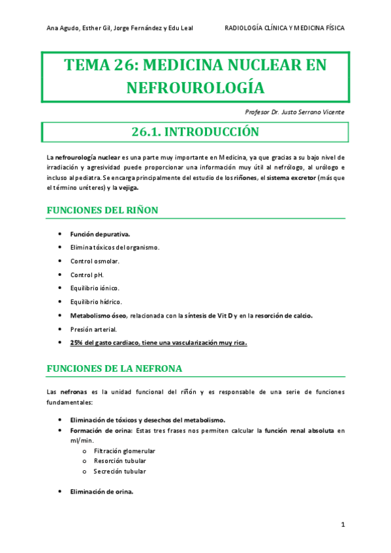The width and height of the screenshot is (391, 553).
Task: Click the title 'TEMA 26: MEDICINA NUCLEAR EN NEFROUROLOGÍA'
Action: click(195, 76)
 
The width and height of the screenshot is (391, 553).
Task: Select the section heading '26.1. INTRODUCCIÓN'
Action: click(195, 132)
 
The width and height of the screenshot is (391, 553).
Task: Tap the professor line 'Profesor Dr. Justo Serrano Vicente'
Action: click(294, 112)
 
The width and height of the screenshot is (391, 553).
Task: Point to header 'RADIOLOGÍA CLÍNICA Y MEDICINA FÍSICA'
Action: click(284, 28)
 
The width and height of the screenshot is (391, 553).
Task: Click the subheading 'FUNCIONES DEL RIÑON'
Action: click(102, 210)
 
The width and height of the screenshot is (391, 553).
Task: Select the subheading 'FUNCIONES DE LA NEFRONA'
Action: click(114, 368)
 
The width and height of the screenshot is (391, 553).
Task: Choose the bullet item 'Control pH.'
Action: click(87, 275)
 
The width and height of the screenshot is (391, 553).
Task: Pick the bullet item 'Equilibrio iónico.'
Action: click(95, 288)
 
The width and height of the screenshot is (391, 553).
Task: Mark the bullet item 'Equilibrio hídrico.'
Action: click(96, 302)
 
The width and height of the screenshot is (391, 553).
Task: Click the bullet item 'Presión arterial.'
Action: click(93, 329)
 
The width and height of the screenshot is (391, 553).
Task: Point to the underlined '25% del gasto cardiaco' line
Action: click(159, 343)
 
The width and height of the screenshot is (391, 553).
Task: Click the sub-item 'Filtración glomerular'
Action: click(124, 451)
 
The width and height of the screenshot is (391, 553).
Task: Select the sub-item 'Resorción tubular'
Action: click(119, 461)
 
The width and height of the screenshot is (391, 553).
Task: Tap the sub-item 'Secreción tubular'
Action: click(119, 471)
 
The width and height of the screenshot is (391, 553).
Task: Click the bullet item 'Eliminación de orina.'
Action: click(102, 492)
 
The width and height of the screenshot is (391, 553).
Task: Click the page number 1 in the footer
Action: click(343, 524)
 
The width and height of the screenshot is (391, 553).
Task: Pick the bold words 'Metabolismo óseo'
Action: click(98, 316)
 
